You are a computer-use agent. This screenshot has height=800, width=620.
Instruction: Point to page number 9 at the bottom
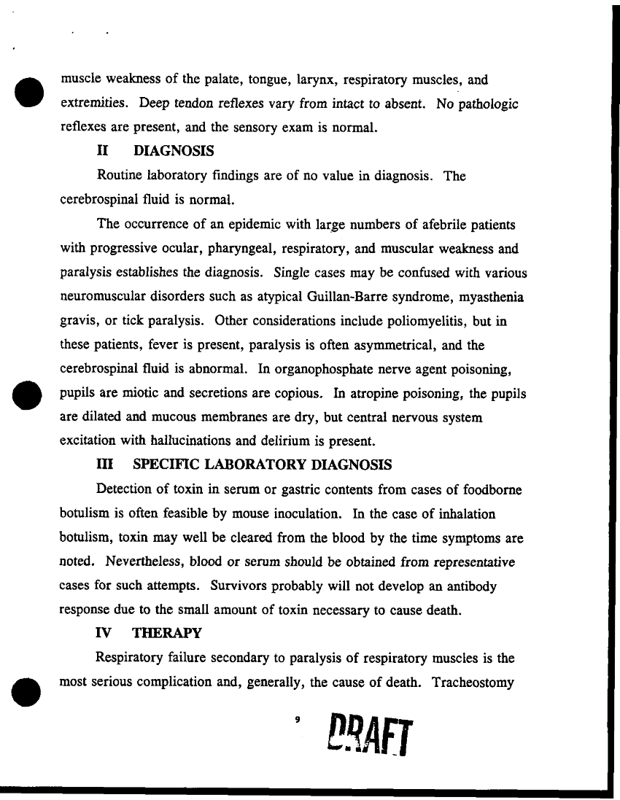click(297, 720)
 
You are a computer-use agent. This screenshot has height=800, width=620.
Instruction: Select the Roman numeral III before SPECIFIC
click(106, 465)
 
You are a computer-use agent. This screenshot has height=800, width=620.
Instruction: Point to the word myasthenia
click(491, 298)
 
